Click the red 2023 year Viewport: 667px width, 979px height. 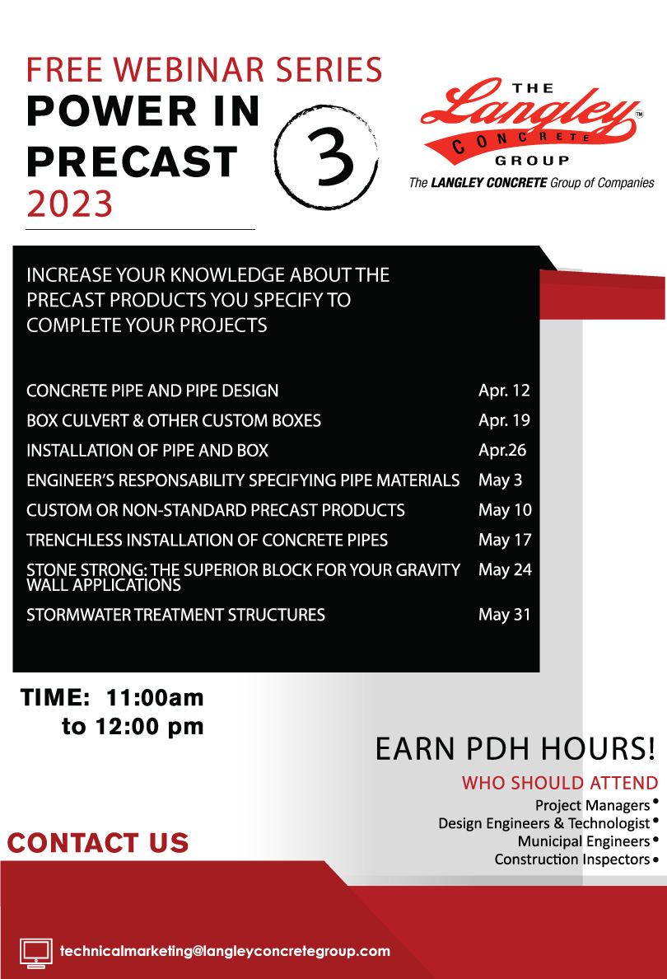[x=70, y=204]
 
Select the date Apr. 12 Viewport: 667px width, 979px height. [x=504, y=391]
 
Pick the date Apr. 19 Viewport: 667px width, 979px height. [x=504, y=420]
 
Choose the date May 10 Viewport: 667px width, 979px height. [x=505, y=510]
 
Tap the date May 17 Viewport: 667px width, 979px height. [x=505, y=540]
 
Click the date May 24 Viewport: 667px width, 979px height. [x=505, y=570]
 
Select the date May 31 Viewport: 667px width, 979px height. [x=504, y=615]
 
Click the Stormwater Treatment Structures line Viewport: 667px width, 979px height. [x=176, y=615]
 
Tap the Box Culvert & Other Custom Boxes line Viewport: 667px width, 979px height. [x=174, y=420]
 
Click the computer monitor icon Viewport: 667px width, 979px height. [x=36, y=953]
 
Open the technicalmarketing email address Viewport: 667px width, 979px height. [x=226, y=951]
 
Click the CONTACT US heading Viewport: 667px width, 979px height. [x=98, y=843]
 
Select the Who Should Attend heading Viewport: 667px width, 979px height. [x=560, y=783]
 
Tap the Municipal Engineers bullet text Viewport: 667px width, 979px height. [x=584, y=841]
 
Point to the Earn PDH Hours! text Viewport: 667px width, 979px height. [x=515, y=748]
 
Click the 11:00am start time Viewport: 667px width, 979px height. [x=156, y=697]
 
